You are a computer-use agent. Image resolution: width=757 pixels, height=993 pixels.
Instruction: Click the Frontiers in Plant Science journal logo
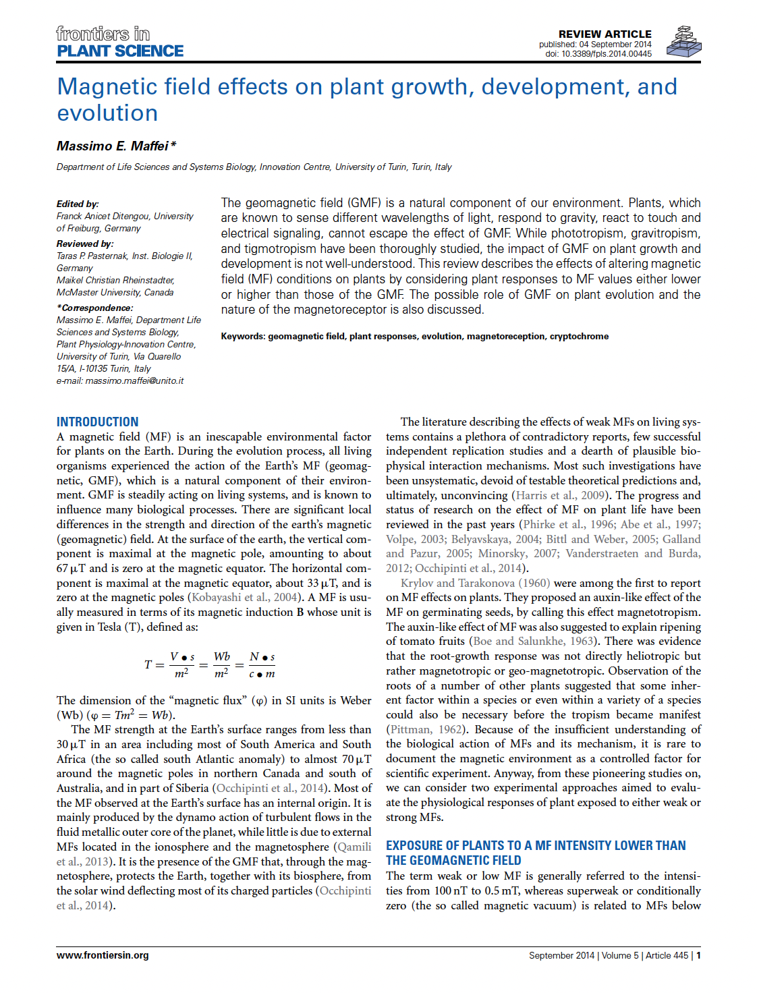[x=119, y=42]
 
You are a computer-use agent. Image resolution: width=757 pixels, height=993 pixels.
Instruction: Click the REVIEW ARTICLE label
[x=605, y=34]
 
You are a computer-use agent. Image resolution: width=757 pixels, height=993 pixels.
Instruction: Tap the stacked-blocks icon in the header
[x=683, y=41]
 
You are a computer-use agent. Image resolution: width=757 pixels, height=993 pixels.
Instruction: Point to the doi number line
[x=598, y=54]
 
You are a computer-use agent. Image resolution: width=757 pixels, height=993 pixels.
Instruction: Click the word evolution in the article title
[x=107, y=113]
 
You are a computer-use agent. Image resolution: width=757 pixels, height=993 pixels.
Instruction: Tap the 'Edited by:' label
[x=78, y=204]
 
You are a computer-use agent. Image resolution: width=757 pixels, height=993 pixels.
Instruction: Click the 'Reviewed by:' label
[x=85, y=244]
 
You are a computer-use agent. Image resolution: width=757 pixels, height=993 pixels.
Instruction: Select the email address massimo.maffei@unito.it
[x=134, y=380]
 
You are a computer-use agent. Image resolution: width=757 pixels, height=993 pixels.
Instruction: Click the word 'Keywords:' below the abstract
[x=243, y=336]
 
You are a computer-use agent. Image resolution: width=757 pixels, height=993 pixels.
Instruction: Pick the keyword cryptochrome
[x=579, y=336]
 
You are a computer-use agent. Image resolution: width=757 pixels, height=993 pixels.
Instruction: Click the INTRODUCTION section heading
[x=97, y=422]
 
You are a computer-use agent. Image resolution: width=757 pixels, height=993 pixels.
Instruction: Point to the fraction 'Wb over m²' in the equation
[x=221, y=664]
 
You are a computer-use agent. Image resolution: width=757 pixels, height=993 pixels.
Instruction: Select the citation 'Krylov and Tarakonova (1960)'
[x=475, y=583]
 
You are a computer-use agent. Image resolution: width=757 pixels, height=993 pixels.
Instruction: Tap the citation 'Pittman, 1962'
[x=426, y=729]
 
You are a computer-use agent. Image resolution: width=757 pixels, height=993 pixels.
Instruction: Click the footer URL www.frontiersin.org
[x=103, y=955]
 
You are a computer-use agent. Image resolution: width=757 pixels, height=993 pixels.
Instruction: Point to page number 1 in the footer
[x=698, y=955]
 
